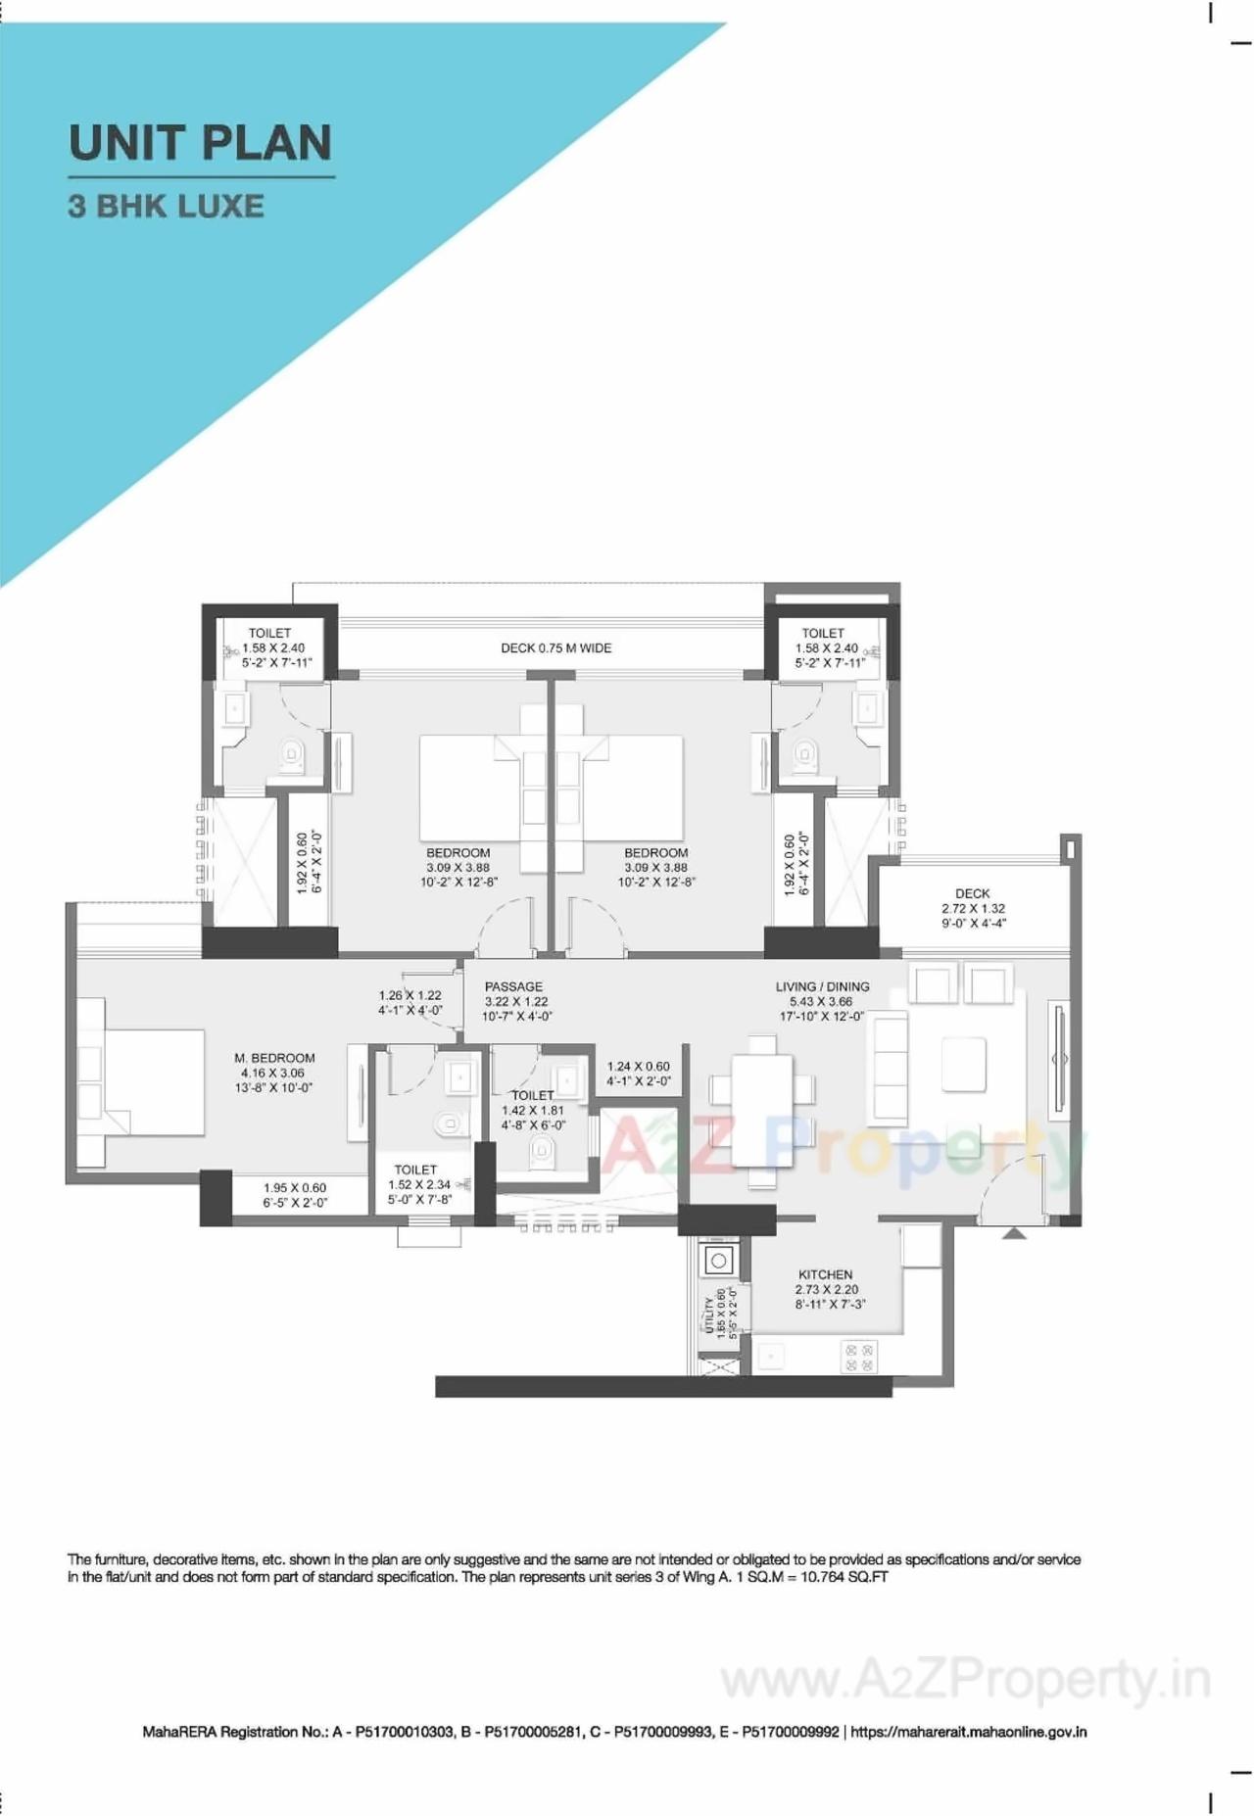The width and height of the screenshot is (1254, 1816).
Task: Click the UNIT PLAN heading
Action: pos(201,143)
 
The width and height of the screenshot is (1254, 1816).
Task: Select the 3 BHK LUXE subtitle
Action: pos(166,207)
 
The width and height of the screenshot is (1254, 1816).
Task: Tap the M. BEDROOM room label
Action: pos(274,1059)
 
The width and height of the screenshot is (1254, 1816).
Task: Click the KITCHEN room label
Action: pos(825,1275)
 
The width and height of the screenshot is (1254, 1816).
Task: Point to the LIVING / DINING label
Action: pos(822,987)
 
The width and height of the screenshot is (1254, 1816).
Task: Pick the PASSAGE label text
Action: pos(513,987)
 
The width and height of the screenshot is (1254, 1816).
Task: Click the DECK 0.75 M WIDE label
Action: pos(555,648)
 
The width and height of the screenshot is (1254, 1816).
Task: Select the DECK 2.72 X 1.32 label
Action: pos(973,908)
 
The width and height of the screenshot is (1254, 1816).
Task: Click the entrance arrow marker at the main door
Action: pos(1014,1234)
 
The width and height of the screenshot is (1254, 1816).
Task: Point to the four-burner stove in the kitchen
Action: pos(859,1357)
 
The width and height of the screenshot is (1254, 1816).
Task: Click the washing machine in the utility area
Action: pos(719,1262)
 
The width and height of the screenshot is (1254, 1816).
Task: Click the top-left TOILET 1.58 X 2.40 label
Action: pos(273,647)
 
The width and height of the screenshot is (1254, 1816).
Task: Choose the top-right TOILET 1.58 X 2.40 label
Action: pos(826,647)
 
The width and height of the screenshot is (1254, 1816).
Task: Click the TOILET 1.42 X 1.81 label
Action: pos(532,1111)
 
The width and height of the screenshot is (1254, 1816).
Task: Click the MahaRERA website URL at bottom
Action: pos(968,1732)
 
